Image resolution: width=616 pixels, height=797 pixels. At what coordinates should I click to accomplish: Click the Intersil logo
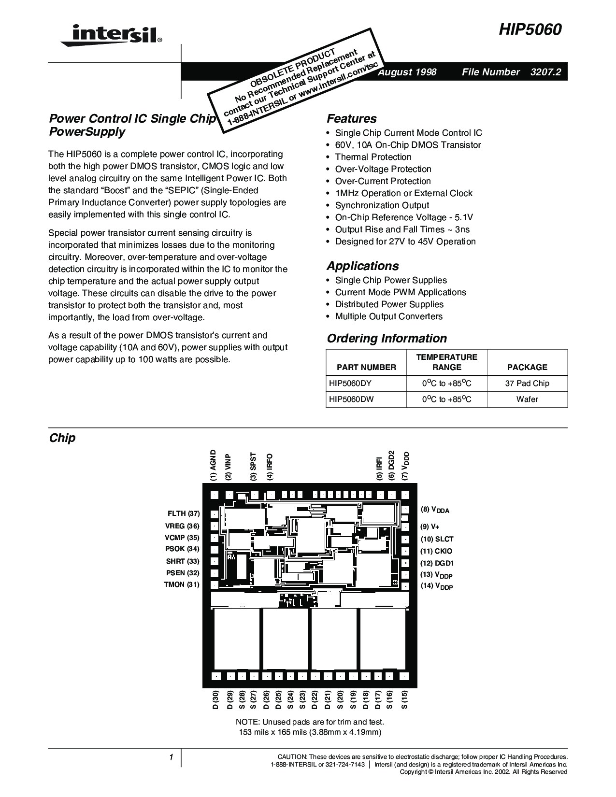pyautogui.click(x=111, y=35)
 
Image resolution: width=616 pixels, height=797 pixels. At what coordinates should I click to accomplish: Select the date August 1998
pyautogui.click(x=407, y=72)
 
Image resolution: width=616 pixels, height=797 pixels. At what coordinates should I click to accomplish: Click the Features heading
pyautogui.click(x=351, y=119)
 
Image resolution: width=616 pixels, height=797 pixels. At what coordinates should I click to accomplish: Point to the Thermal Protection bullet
pyautogui.click(x=373, y=157)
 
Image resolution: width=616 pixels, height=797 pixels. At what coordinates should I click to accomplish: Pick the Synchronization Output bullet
pyautogui.click(x=382, y=205)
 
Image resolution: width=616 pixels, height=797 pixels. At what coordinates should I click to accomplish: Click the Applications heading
pyautogui.click(x=362, y=266)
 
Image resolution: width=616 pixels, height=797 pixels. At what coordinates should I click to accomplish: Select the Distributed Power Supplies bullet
pyautogui.click(x=389, y=304)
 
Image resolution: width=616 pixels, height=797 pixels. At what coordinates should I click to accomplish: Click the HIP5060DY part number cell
pyautogui.click(x=350, y=384)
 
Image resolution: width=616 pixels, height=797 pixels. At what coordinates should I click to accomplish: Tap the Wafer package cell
pyautogui.click(x=527, y=399)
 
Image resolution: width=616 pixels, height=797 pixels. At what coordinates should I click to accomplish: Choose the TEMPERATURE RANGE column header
pyautogui.click(x=446, y=362)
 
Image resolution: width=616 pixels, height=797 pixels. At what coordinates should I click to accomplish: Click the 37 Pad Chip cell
pyautogui.click(x=527, y=384)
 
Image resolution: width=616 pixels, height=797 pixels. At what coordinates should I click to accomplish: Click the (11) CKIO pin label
pyautogui.click(x=436, y=551)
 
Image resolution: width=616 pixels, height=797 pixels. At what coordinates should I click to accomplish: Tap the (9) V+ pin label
pyautogui.click(x=430, y=527)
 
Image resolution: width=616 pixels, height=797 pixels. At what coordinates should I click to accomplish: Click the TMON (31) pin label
pyautogui.click(x=182, y=584)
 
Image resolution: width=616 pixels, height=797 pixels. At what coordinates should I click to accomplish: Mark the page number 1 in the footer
pyautogui.click(x=171, y=757)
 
